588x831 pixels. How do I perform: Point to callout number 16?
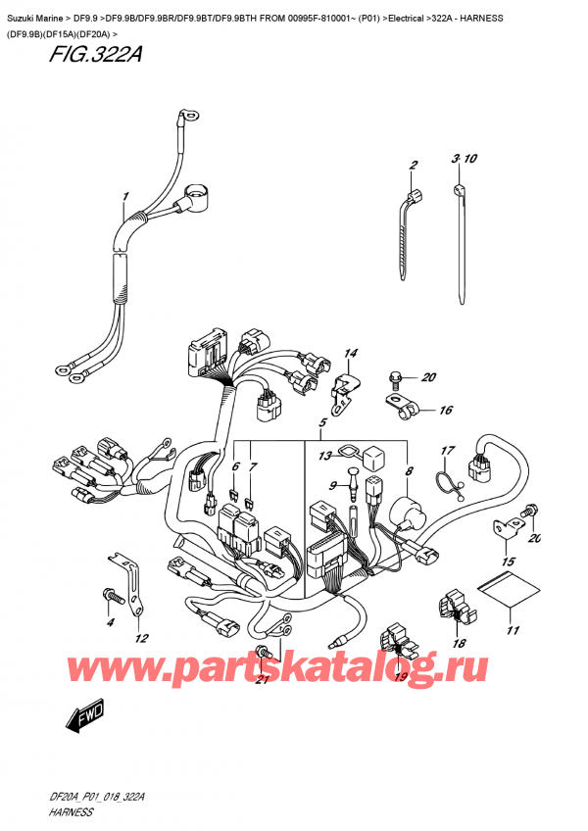tap(445, 411)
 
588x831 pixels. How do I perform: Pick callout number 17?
tap(447, 452)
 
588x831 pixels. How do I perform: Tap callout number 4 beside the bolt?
tap(110, 622)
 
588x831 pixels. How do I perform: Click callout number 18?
tap(459, 643)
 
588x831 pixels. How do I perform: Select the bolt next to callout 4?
tap(110, 594)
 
